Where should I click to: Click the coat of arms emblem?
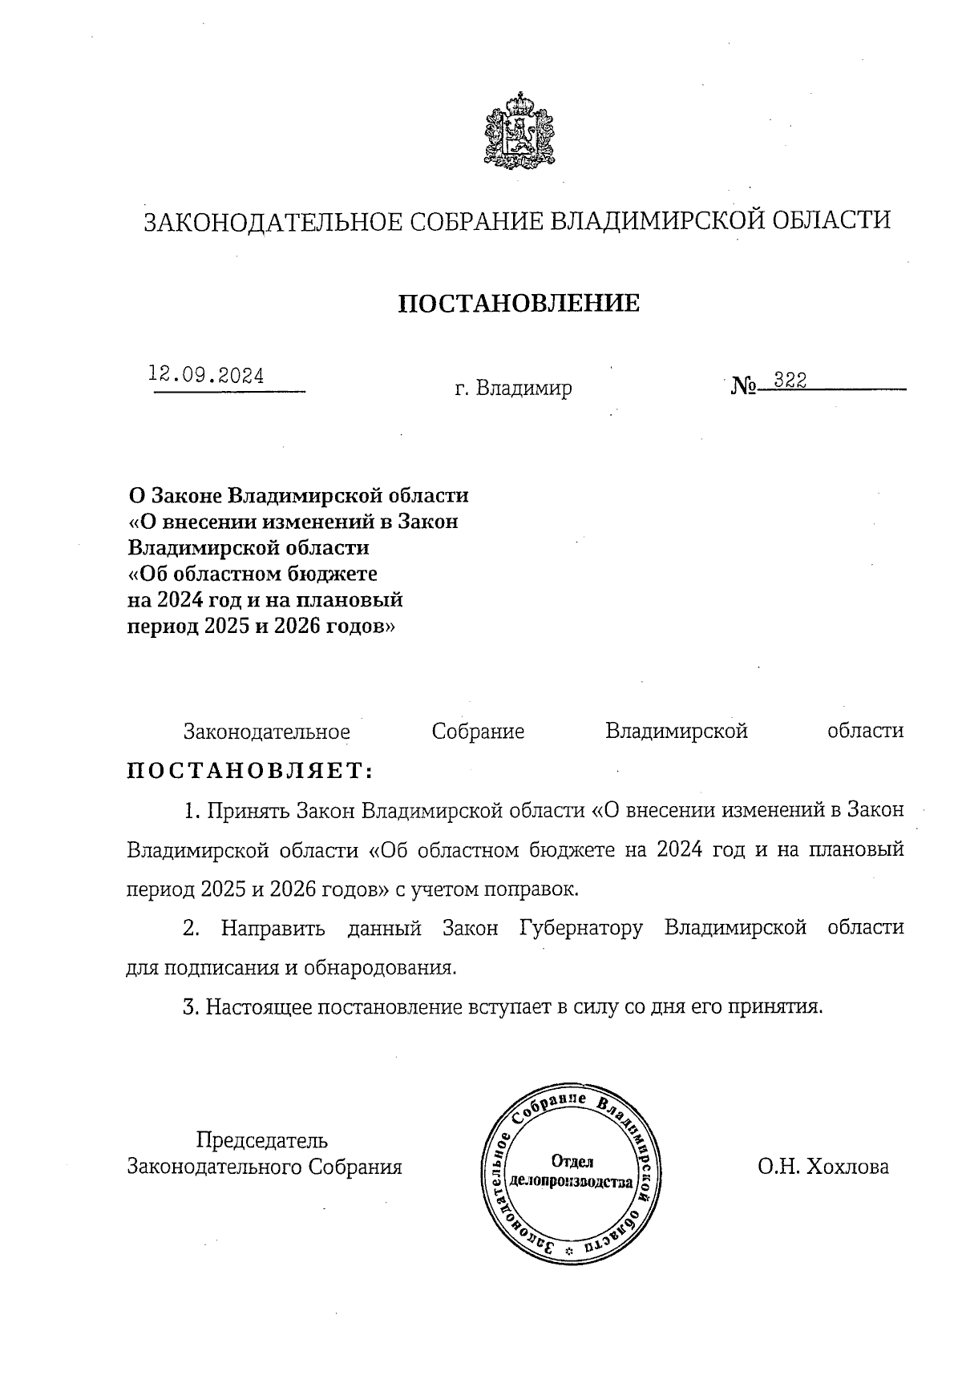[520, 131]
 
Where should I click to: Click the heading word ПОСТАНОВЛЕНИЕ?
[519, 303]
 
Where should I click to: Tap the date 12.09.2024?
[206, 375]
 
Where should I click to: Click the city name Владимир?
[523, 389]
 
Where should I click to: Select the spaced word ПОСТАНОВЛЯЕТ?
[251, 771]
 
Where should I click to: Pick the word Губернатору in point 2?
[581, 928]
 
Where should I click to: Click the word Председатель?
[262, 1139]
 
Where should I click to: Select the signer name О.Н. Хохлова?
[823, 1167]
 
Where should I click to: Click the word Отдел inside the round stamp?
[572, 1162]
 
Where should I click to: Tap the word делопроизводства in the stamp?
[572, 1181]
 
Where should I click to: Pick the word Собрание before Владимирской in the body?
[478, 731]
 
